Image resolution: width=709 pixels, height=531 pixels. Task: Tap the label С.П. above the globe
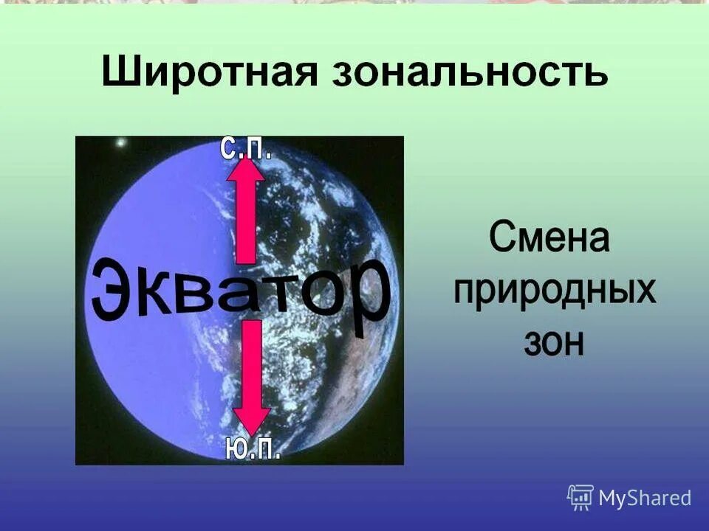(247, 148)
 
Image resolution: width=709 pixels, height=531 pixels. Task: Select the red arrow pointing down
(252, 376)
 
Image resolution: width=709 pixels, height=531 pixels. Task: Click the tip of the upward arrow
(246, 159)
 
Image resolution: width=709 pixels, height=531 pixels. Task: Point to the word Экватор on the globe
(240, 291)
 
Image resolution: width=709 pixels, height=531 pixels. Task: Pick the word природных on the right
(554, 290)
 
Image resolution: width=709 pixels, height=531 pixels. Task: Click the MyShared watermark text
(644, 498)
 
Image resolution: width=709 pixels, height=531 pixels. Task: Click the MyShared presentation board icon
(580, 498)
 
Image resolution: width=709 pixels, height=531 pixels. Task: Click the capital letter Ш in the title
(118, 75)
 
